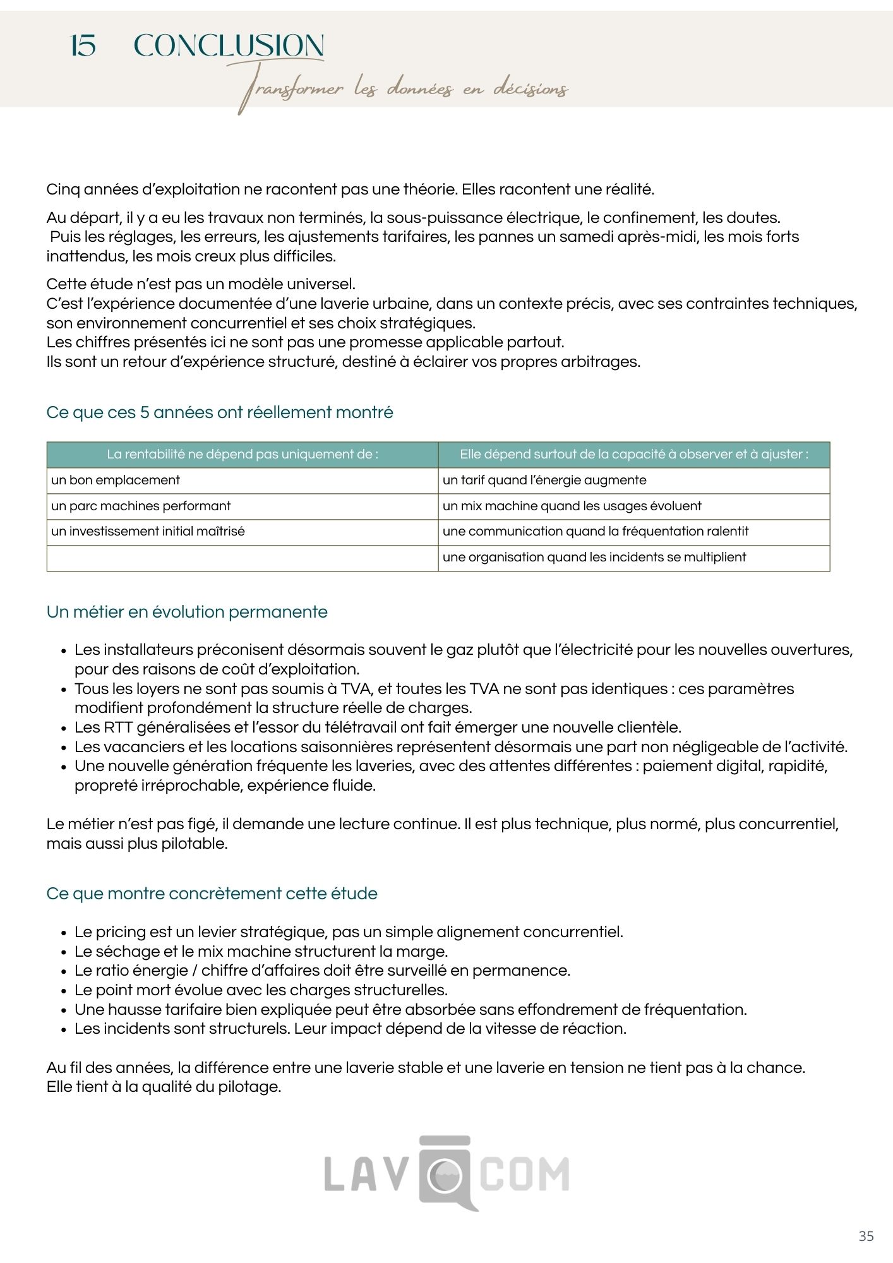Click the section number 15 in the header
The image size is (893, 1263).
83,46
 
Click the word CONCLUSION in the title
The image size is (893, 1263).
229,46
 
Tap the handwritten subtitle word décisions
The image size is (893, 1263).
530,90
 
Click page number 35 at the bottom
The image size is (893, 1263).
866,1236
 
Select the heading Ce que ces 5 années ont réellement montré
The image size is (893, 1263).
220,412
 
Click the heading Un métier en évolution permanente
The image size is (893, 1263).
187,612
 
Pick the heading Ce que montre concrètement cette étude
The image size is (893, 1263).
212,894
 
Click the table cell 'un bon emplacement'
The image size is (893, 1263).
116,480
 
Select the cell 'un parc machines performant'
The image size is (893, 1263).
141,506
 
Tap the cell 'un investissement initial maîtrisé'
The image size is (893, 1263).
148,531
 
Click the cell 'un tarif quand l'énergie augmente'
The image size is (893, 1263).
544,480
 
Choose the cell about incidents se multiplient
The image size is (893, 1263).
594,557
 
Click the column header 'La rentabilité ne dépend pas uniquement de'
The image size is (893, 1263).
243,454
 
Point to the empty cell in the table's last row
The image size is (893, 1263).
243,558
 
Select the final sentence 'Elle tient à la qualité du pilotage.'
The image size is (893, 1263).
164,1087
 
